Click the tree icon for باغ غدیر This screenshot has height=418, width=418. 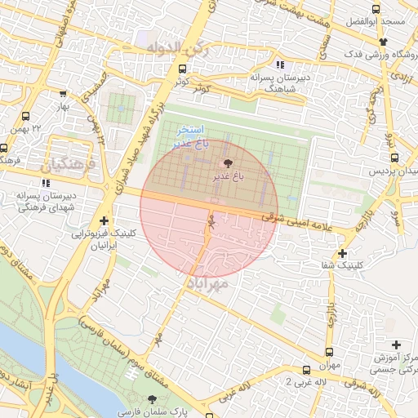pyautogui.click(x=226, y=163)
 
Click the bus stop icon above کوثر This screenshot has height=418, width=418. pyautogui.click(x=182, y=70)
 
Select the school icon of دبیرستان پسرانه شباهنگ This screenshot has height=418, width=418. pyautogui.click(x=280, y=64)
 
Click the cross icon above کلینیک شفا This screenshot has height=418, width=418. pyautogui.click(x=341, y=253)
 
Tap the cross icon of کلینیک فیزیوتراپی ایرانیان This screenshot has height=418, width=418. pyautogui.click(x=104, y=221)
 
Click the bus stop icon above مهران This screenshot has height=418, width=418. pyautogui.click(x=306, y=369)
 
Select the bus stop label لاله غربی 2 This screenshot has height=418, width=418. pyautogui.click(x=311, y=382)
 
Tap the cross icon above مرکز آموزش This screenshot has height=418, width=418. pyautogui.click(x=397, y=345)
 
